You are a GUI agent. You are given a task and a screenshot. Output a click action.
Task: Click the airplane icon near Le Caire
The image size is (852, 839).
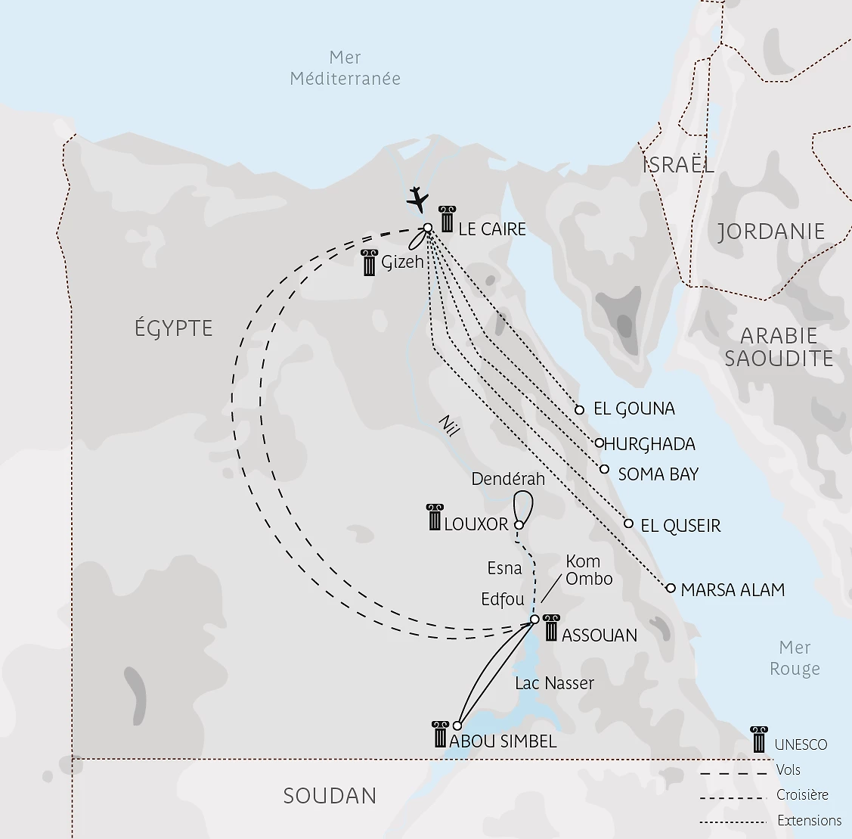click(417, 199)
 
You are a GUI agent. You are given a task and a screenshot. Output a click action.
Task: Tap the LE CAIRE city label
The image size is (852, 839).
click(492, 229)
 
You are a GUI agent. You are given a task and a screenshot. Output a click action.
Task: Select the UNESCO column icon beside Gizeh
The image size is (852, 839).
click(369, 263)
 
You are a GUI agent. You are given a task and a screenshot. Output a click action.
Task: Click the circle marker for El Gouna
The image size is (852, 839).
click(580, 410)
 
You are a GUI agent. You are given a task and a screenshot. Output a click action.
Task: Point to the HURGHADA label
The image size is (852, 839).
click(649, 444)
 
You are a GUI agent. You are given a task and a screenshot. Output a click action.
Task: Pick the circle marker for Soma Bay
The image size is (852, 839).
click(604, 469)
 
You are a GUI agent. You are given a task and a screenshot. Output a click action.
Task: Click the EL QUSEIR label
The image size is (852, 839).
click(680, 526)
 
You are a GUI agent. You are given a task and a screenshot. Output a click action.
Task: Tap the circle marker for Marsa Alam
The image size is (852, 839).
click(671, 588)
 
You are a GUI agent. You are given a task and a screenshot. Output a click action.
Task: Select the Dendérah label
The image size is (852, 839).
click(507, 479)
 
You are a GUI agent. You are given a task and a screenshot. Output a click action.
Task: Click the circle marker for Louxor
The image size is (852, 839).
click(519, 525)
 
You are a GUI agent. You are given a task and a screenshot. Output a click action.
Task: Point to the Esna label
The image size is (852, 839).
click(504, 568)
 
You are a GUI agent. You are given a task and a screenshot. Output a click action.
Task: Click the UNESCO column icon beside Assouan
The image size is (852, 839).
click(550, 627)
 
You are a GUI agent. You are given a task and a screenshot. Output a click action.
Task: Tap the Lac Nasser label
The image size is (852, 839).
click(554, 683)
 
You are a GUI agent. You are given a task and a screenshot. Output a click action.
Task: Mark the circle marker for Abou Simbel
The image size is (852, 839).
click(457, 726)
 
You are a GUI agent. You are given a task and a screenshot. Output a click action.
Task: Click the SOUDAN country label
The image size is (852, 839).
click(330, 796)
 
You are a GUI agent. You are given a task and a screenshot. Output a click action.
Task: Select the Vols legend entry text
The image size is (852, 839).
click(788, 770)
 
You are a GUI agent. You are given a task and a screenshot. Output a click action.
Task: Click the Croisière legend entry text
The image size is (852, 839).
click(802, 795)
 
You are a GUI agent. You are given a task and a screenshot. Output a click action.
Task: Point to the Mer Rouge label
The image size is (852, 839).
click(795, 658)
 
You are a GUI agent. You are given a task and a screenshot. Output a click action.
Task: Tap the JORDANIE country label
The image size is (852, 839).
click(770, 232)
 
